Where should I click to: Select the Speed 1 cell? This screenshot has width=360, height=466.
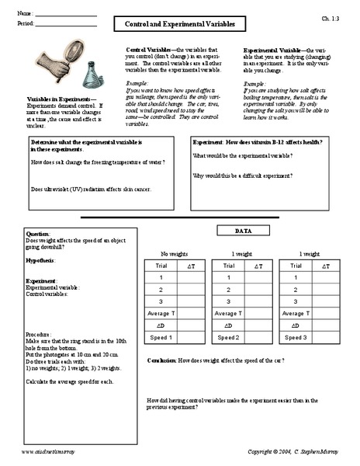coord(160,338)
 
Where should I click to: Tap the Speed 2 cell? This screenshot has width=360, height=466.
coord(229,338)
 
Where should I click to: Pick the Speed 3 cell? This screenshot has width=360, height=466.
coord(298,338)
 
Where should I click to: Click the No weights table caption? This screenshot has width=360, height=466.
coord(174,254)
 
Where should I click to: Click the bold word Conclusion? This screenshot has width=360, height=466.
coord(163,361)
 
